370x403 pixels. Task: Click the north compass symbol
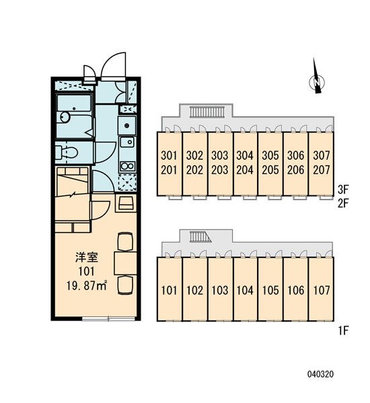(x=316, y=82)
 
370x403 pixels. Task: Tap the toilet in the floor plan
(x=67, y=152)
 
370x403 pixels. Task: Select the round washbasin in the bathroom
(x=65, y=117)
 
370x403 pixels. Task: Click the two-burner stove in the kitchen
(x=127, y=166)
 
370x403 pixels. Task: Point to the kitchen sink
(x=127, y=142)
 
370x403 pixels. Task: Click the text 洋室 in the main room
(x=87, y=257)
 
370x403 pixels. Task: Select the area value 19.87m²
(x=87, y=285)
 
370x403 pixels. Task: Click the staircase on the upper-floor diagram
(x=207, y=112)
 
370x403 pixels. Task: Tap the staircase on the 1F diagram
(x=200, y=236)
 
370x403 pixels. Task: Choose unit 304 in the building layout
(x=245, y=155)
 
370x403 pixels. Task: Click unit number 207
(x=322, y=170)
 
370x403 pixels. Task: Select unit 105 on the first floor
(x=270, y=290)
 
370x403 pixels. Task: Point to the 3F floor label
(x=343, y=189)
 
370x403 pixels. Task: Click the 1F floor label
(x=344, y=330)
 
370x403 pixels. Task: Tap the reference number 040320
(x=320, y=374)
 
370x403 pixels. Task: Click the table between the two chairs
(x=125, y=263)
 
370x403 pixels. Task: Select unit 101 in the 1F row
(x=169, y=290)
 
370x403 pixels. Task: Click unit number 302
(x=194, y=155)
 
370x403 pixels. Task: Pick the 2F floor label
(x=343, y=203)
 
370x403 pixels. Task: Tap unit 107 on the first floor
(x=322, y=290)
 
